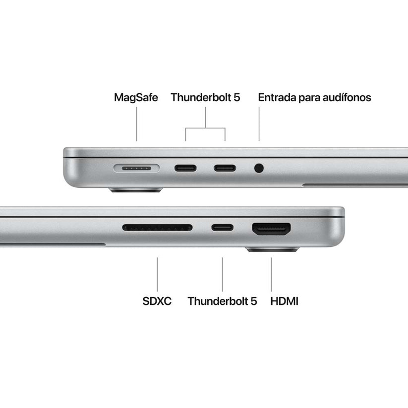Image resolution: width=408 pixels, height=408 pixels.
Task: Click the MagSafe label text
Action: (136, 98)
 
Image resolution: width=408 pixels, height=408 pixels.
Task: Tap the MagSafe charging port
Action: (136, 168)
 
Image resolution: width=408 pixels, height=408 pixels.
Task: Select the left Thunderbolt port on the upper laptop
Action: (185, 168)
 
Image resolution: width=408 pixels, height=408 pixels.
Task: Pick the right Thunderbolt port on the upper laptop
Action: (225, 168)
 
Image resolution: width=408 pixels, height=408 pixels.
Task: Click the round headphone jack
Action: (259, 168)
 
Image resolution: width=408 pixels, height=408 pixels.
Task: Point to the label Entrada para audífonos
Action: (314, 98)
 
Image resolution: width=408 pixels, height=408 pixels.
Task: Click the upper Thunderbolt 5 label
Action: (205, 98)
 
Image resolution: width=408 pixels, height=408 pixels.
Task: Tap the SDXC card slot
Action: (157, 228)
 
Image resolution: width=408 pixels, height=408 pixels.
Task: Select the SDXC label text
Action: (157, 301)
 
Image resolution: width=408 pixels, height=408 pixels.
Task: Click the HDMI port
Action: (271, 229)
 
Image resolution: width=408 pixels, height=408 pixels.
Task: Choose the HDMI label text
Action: (285, 301)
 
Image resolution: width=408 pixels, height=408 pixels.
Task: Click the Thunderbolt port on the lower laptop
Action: (222, 228)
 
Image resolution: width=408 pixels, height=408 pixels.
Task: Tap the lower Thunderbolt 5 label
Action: (222, 301)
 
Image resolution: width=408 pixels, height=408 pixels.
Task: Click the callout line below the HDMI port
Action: (271, 274)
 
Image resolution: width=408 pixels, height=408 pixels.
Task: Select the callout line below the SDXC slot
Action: (157, 274)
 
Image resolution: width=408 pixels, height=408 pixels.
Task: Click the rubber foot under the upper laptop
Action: (136, 189)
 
